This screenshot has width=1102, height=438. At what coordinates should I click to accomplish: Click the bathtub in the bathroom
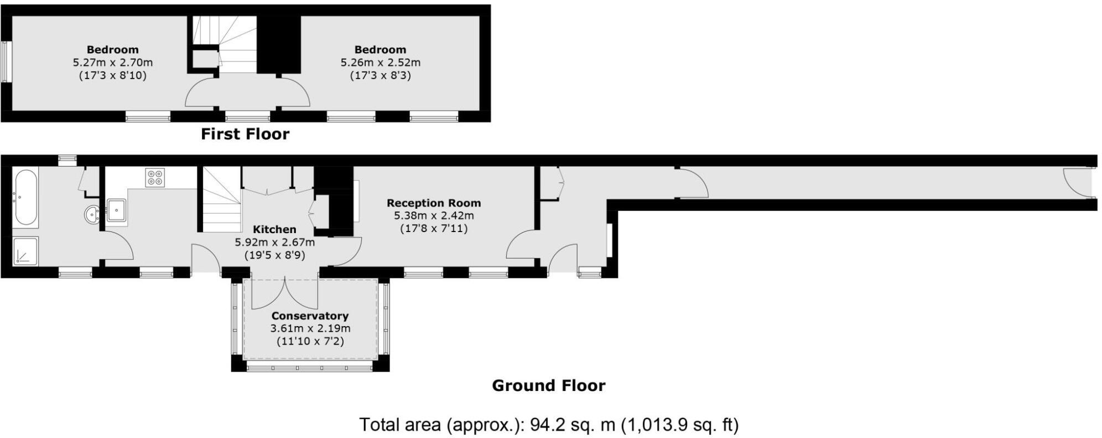pos(26,197)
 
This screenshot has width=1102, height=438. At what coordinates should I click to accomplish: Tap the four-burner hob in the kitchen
pos(155,178)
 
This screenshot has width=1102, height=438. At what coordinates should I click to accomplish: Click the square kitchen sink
pos(117,210)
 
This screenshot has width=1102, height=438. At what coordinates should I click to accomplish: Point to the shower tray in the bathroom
pos(25,250)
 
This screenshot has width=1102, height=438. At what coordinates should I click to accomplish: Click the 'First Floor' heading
pos(245,134)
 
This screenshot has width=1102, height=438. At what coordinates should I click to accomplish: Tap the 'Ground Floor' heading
pos(548,385)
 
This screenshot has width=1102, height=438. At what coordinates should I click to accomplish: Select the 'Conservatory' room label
pos(310,316)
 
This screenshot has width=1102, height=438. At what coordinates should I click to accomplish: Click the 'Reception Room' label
pos(434,203)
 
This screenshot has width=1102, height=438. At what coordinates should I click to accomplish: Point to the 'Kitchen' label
pos(274,229)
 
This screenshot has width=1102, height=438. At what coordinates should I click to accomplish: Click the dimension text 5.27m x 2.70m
pos(113,63)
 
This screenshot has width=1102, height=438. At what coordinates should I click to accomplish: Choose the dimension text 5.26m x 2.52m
pos(380,63)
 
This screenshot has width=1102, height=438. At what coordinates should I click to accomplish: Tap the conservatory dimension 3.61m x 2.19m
pos(310,328)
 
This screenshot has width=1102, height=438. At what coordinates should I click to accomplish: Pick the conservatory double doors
pos(284,293)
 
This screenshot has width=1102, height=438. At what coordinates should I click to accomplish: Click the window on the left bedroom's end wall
pos(6,61)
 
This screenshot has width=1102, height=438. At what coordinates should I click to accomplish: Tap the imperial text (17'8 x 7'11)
pos(434,228)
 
